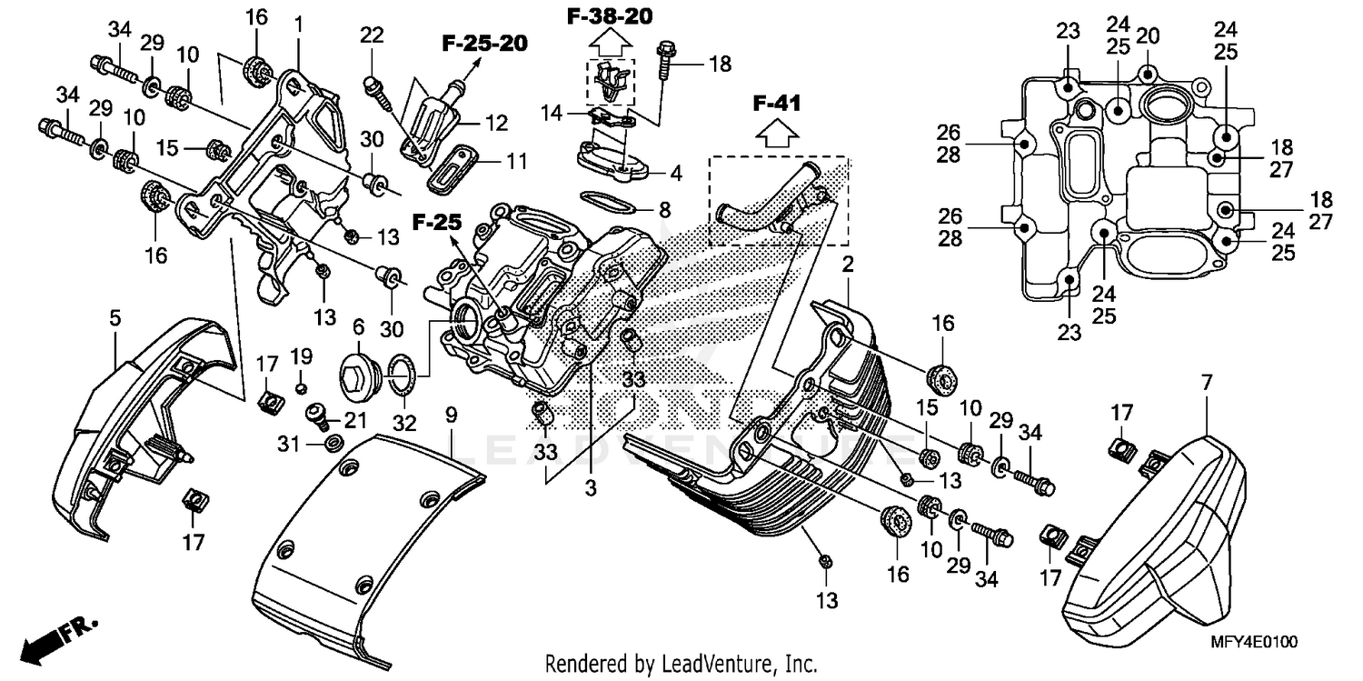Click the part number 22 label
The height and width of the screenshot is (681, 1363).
tap(371, 35)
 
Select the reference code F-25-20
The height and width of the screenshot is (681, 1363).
tap(485, 42)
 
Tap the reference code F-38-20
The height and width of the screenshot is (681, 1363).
tap(610, 16)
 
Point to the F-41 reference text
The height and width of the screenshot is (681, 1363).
tap(776, 105)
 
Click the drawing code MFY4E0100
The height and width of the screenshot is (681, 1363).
tap(1254, 642)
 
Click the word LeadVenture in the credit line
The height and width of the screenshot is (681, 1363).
tap(700, 663)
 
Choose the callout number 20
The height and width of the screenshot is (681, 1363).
tap(1148, 35)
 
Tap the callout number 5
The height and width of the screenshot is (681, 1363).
tap(114, 317)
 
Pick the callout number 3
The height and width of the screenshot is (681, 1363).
tap(590, 488)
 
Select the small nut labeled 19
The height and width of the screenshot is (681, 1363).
tap(301, 390)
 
